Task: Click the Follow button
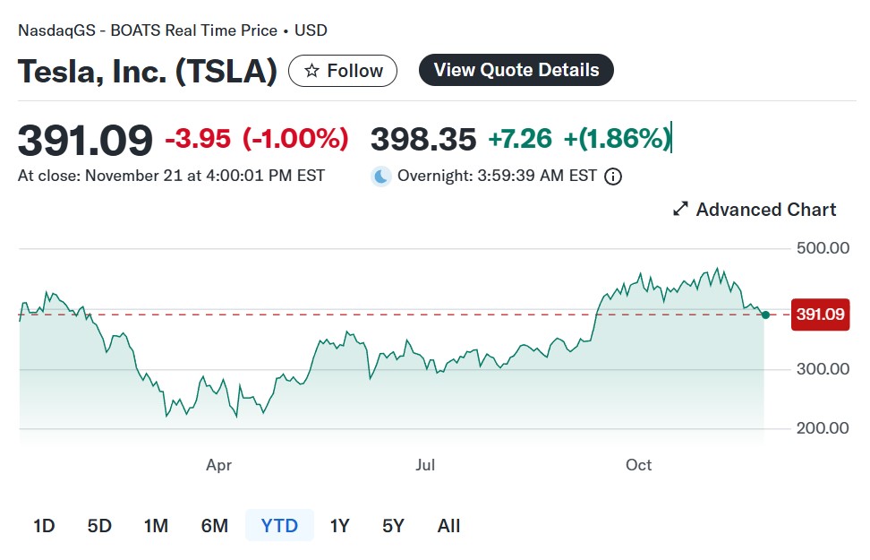pos(343,71)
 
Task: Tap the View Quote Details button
pos(516,70)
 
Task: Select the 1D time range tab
pos(44,526)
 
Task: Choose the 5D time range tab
pos(99,526)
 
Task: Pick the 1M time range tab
pos(156,526)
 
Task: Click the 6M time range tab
pos(214,526)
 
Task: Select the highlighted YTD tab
pos(279,526)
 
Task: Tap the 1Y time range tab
pos(339,526)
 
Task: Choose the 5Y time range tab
pos(393,526)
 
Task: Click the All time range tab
pos(448,526)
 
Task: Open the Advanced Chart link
pos(755,210)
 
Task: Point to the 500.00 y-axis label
pos(822,248)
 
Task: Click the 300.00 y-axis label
pos(822,369)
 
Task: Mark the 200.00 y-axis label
pos(822,428)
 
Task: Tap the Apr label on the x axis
pos(218,465)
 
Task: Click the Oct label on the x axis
pos(638,465)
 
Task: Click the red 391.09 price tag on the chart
pos(820,314)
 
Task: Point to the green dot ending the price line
pos(764,314)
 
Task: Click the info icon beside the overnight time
pos(613,177)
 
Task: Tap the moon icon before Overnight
pos(382,177)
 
